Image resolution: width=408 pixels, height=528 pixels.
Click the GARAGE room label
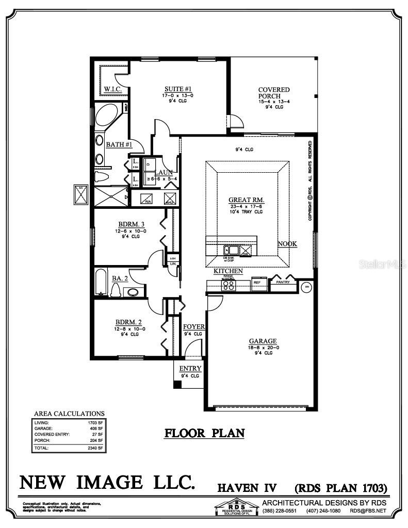(x=263, y=341)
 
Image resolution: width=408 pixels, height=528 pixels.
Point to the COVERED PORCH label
(x=274, y=93)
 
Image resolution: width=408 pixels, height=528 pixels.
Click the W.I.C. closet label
(x=112, y=89)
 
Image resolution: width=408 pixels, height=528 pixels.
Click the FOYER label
(x=194, y=326)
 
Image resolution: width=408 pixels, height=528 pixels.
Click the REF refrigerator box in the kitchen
(x=257, y=283)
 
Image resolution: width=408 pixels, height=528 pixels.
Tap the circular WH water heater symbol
(x=306, y=287)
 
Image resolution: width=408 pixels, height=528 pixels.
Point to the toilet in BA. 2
(x=116, y=291)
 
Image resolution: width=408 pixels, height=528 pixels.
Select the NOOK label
(x=287, y=244)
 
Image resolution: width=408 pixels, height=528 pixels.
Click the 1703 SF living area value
(x=95, y=423)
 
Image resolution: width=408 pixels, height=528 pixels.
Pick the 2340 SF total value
(x=95, y=448)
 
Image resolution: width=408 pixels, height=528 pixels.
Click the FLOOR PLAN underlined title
(x=204, y=433)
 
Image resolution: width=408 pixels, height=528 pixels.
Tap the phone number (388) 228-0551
(x=280, y=510)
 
